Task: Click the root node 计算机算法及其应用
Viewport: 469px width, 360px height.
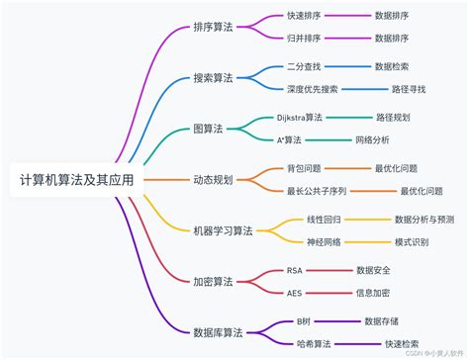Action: (x=76, y=181)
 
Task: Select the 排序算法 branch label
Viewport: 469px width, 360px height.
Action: (x=216, y=28)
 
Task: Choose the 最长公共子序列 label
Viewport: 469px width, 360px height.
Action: (x=322, y=192)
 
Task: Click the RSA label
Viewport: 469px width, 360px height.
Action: (x=295, y=270)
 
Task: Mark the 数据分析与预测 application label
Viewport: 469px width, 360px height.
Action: (x=424, y=220)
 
